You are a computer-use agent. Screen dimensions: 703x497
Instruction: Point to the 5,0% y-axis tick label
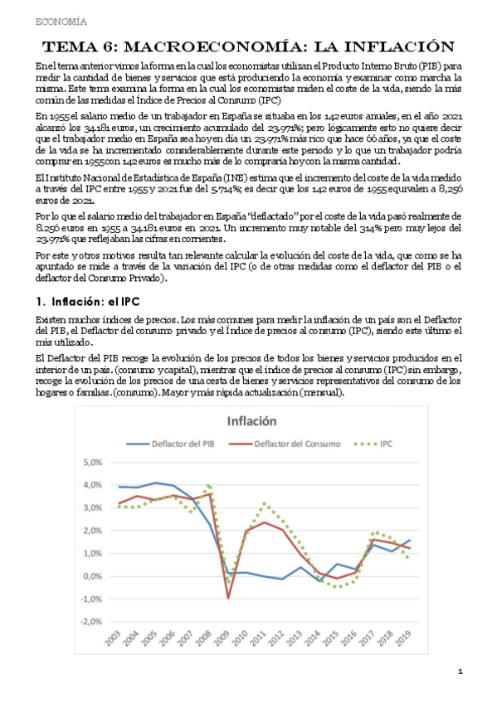click(x=91, y=463)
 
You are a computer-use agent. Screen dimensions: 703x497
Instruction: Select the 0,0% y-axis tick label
click(x=91, y=576)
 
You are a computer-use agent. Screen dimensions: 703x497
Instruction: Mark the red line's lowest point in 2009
click(x=227, y=597)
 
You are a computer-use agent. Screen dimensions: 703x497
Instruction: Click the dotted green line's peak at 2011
click(x=264, y=503)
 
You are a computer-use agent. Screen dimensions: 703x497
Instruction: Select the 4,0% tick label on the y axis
click(x=91, y=485)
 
